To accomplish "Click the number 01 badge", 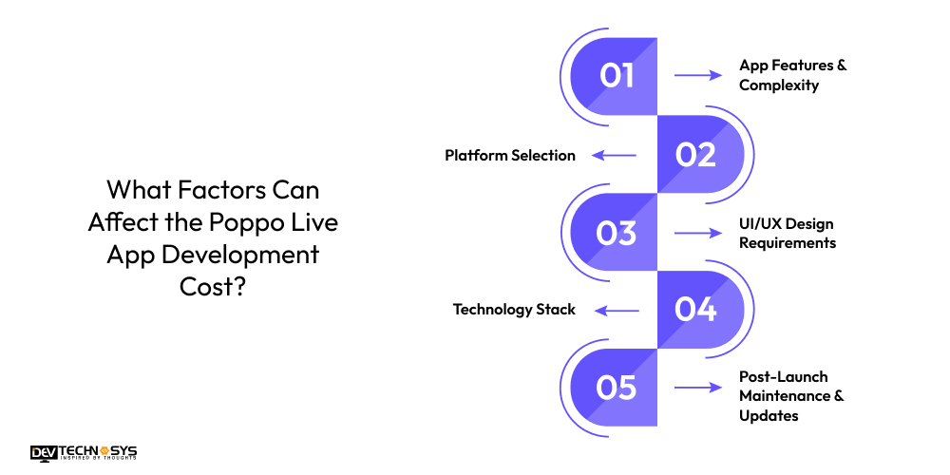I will pyautogui.click(x=617, y=76).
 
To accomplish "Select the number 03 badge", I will pyautogui.click(x=617, y=233).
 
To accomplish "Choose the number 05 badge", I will pyautogui.click(x=617, y=388).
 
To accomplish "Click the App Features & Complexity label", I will pyautogui.click(x=792, y=75).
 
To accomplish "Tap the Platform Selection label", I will pyautogui.click(x=510, y=155).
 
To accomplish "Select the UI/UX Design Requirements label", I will pyautogui.click(x=788, y=233).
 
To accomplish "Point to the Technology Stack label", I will pyautogui.click(x=514, y=310).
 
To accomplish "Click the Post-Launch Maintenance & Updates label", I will pyautogui.click(x=791, y=397).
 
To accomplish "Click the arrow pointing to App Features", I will pyautogui.click(x=698, y=75).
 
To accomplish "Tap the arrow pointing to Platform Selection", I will pyautogui.click(x=614, y=155).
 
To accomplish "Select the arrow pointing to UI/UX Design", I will pyautogui.click(x=698, y=233).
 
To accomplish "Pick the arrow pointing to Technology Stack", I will pyautogui.click(x=614, y=310).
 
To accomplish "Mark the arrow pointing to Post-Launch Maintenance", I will pyautogui.click(x=698, y=388).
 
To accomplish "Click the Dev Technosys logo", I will pyautogui.click(x=84, y=453).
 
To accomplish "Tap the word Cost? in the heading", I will pyautogui.click(x=213, y=287).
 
